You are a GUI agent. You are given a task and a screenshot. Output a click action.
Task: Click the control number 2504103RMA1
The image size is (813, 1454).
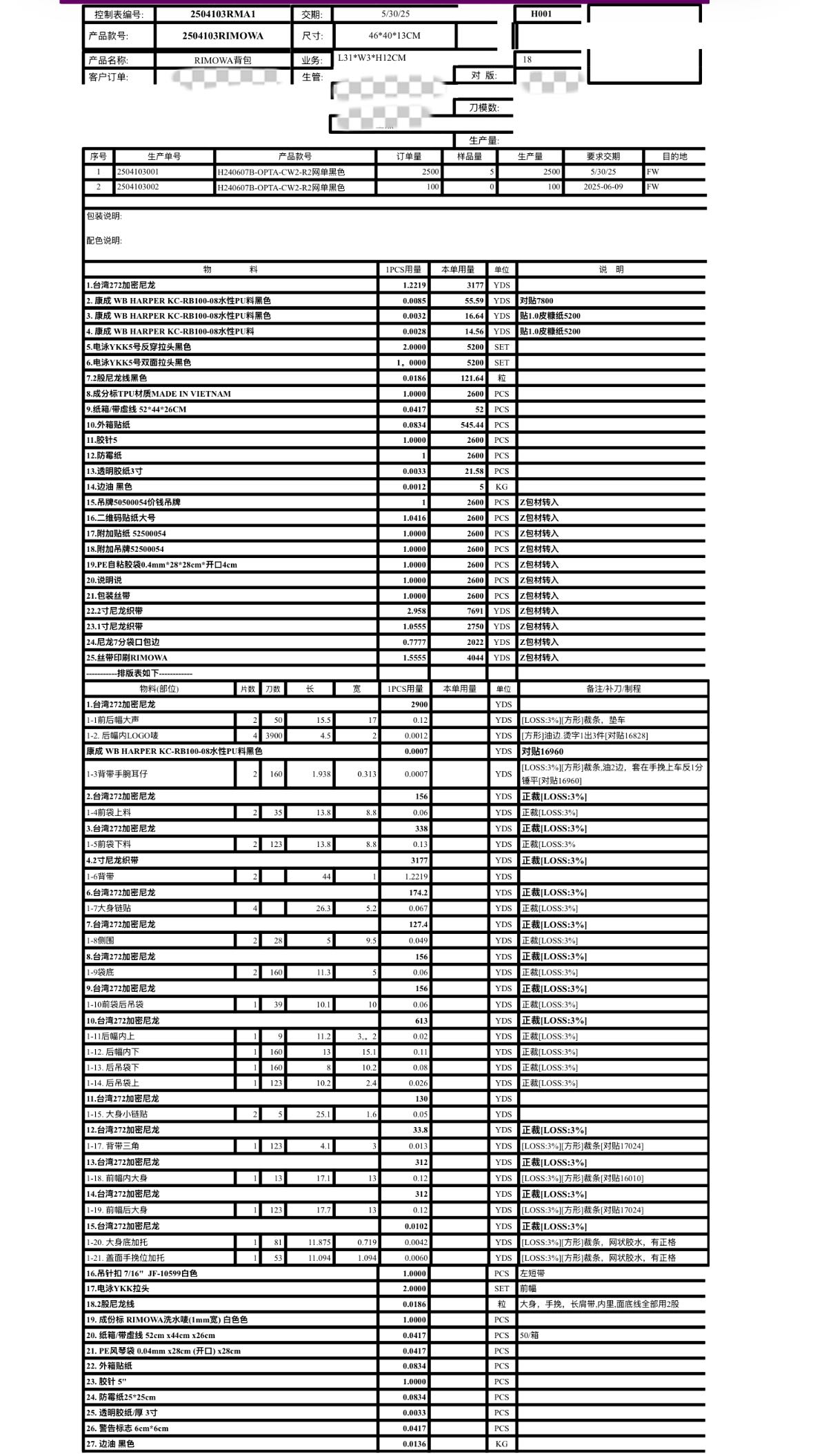[223, 14]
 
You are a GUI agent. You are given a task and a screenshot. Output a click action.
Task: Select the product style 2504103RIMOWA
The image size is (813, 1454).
[223, 36]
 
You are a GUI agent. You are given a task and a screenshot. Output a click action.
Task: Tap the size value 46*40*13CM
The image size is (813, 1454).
[394, 35]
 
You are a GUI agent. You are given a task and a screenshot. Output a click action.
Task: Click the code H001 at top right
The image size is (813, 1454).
[541, 14]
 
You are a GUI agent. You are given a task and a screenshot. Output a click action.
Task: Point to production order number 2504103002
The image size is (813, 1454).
[138, 187]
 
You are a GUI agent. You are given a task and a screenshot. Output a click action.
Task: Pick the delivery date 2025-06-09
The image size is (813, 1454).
[603, 187]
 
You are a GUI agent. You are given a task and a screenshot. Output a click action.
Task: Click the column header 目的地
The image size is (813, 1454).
[674, 157]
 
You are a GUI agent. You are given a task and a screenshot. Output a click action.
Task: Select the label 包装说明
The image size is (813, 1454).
[104, 217]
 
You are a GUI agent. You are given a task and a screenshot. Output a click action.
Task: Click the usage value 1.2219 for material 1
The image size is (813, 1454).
[414, 285]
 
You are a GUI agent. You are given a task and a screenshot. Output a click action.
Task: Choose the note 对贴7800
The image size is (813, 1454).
[536, 301]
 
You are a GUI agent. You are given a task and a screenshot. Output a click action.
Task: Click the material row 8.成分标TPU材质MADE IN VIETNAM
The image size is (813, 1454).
[159, 394]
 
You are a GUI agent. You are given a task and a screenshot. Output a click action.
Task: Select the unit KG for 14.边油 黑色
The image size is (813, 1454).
[501, 487]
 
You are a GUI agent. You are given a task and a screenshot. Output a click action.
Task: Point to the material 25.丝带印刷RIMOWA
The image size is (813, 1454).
[127, 658]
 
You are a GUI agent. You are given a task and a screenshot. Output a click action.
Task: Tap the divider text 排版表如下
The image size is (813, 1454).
[139, 673]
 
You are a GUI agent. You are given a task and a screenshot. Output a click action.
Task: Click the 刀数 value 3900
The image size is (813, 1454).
[274, 736]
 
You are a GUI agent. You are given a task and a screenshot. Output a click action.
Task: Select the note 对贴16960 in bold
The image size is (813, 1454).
[542, 752]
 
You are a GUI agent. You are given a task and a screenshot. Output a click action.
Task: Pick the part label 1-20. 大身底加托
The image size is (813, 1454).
[117, 1242]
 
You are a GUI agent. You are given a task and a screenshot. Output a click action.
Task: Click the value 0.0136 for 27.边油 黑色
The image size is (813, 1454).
[414, 1444]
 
